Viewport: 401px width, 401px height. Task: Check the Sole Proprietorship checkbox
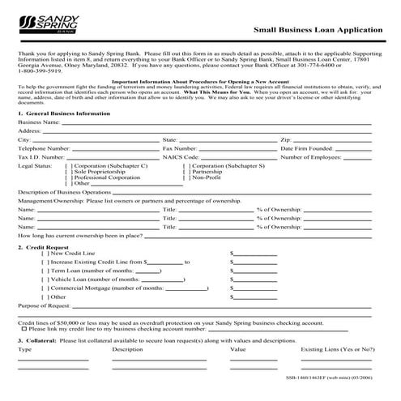[x=67, y=194]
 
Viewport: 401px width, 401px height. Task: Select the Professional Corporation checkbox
[x=67, y=200]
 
